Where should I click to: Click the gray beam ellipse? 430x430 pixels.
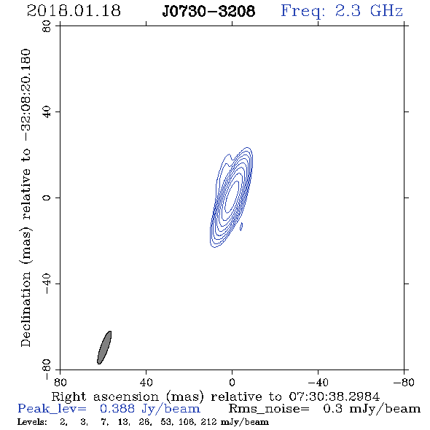(104, 348)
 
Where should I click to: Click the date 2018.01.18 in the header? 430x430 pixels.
(74, 11)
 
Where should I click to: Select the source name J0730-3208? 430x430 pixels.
(208, 11)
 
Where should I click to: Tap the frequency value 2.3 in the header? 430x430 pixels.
(348, 11)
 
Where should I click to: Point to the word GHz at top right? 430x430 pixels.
(386, 11)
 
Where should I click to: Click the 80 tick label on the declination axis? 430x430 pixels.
(47, 26)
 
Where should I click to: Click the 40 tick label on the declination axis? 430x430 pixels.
(47, 112)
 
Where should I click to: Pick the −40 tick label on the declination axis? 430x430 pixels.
(47, 284)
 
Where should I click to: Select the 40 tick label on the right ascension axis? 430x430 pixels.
(146, 382)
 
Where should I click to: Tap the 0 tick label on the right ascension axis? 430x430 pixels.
(232, 382)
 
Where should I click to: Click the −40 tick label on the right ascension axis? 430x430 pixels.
(318, 382)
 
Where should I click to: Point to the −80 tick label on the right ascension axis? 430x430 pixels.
(404, 382)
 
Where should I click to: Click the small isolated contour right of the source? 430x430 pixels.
(241, 227)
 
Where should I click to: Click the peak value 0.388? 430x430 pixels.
(117, 409)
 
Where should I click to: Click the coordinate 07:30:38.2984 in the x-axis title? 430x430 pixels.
(335, 396)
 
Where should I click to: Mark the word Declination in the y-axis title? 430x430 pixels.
(26, 309)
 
